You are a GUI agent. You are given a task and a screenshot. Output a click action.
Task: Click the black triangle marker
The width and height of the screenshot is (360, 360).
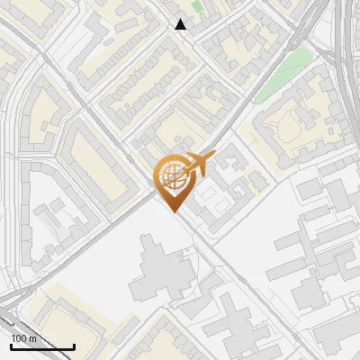[x=181, y=24]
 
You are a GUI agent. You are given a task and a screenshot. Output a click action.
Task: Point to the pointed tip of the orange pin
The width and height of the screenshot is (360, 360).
[x=172, y=211]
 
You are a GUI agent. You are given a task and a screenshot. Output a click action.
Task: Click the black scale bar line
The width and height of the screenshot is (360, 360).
[x=42, y=346]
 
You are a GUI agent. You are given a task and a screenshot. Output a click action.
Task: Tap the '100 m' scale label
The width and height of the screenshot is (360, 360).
[x=24, y=338]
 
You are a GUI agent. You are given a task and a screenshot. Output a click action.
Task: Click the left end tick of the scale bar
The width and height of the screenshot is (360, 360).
[x=11, y=345]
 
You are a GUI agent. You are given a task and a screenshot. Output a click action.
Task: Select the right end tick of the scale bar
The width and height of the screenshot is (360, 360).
[x=74, y=345]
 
